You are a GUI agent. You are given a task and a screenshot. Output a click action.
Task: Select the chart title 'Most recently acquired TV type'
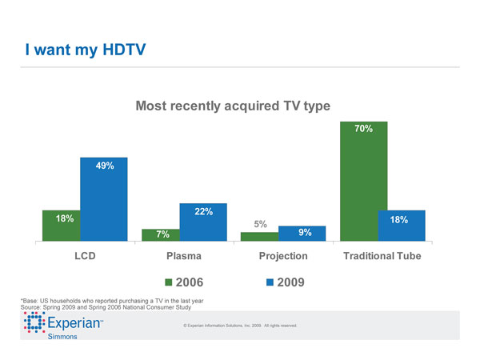click(x=233, y=105)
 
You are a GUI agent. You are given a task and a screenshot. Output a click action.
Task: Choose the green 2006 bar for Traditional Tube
click(x=364, y=180)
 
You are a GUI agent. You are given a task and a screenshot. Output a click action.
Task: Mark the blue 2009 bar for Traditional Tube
click(x=402, y=225)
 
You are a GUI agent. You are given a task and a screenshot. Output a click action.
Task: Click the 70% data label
click(x=364, y=128)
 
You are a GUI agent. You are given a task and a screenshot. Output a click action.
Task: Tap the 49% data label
click(x=104, y=166)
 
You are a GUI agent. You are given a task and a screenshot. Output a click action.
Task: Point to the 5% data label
click(x=260, y=225)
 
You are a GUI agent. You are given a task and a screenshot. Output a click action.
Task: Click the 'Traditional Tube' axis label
click(x=382, y=256)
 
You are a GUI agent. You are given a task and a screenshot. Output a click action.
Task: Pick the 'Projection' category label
click(x=284, y=256)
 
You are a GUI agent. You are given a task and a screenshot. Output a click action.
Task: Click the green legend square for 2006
click(x=169, y=282)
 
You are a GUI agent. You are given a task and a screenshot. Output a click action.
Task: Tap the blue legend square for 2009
click(x=270, y=282)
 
